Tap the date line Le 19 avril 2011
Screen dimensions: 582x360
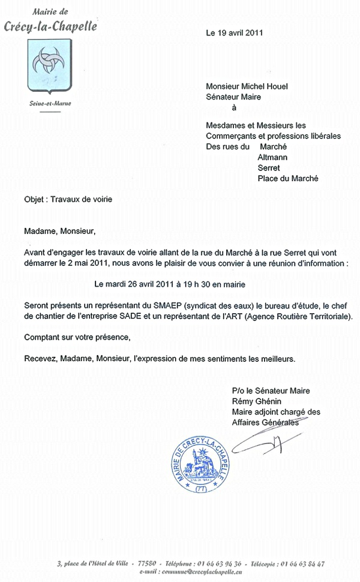coord(235,33)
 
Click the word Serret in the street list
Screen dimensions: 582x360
coord(269,167)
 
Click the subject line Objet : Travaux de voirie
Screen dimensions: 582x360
coord(68,200)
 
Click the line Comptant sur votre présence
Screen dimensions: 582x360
coord(77,337)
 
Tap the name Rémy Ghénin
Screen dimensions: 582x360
coord(256,401)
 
